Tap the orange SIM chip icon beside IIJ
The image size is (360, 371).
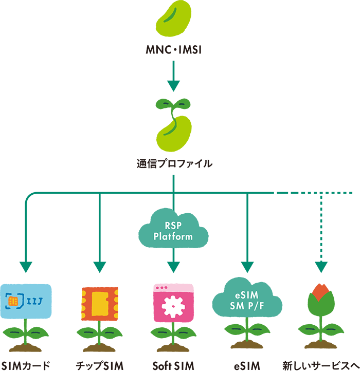[x=13, y=300]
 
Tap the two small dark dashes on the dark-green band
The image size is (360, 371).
[x=173, y=103]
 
